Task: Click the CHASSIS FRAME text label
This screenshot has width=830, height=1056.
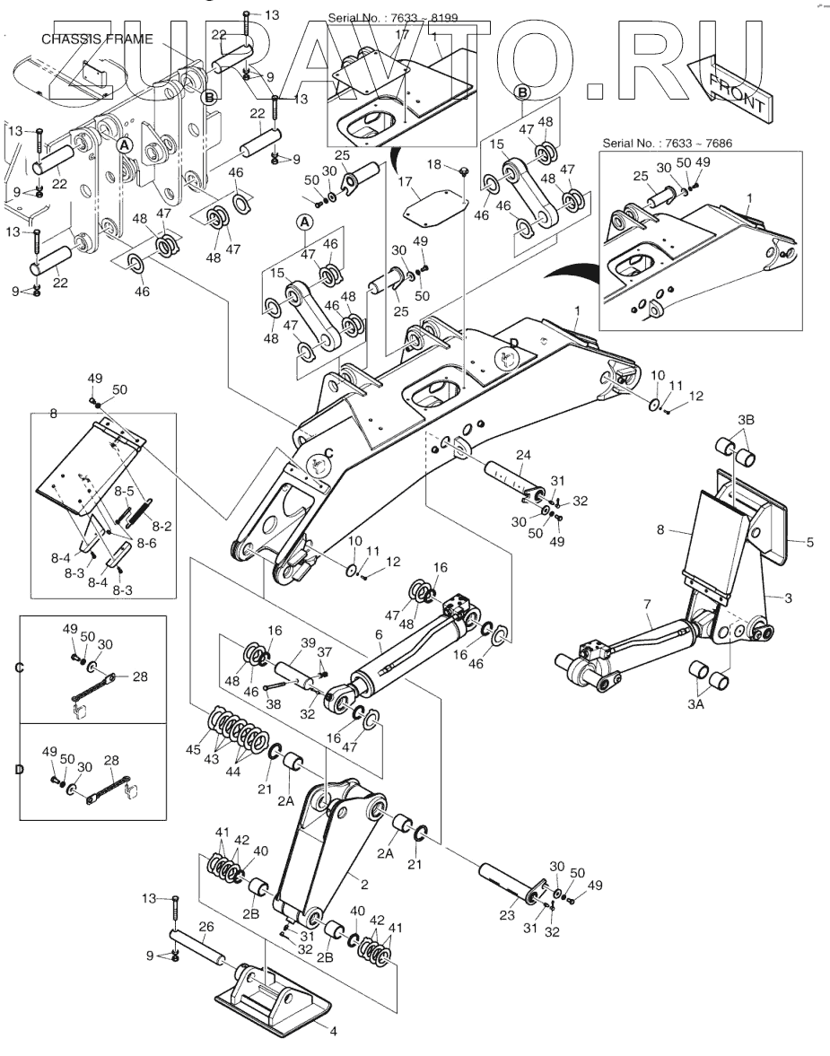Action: pos(97,39)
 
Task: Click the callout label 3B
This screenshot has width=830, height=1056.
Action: pos(746,419)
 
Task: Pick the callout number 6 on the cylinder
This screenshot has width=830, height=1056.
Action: pos(379,635)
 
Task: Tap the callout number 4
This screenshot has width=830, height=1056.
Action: pos(333,1032)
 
